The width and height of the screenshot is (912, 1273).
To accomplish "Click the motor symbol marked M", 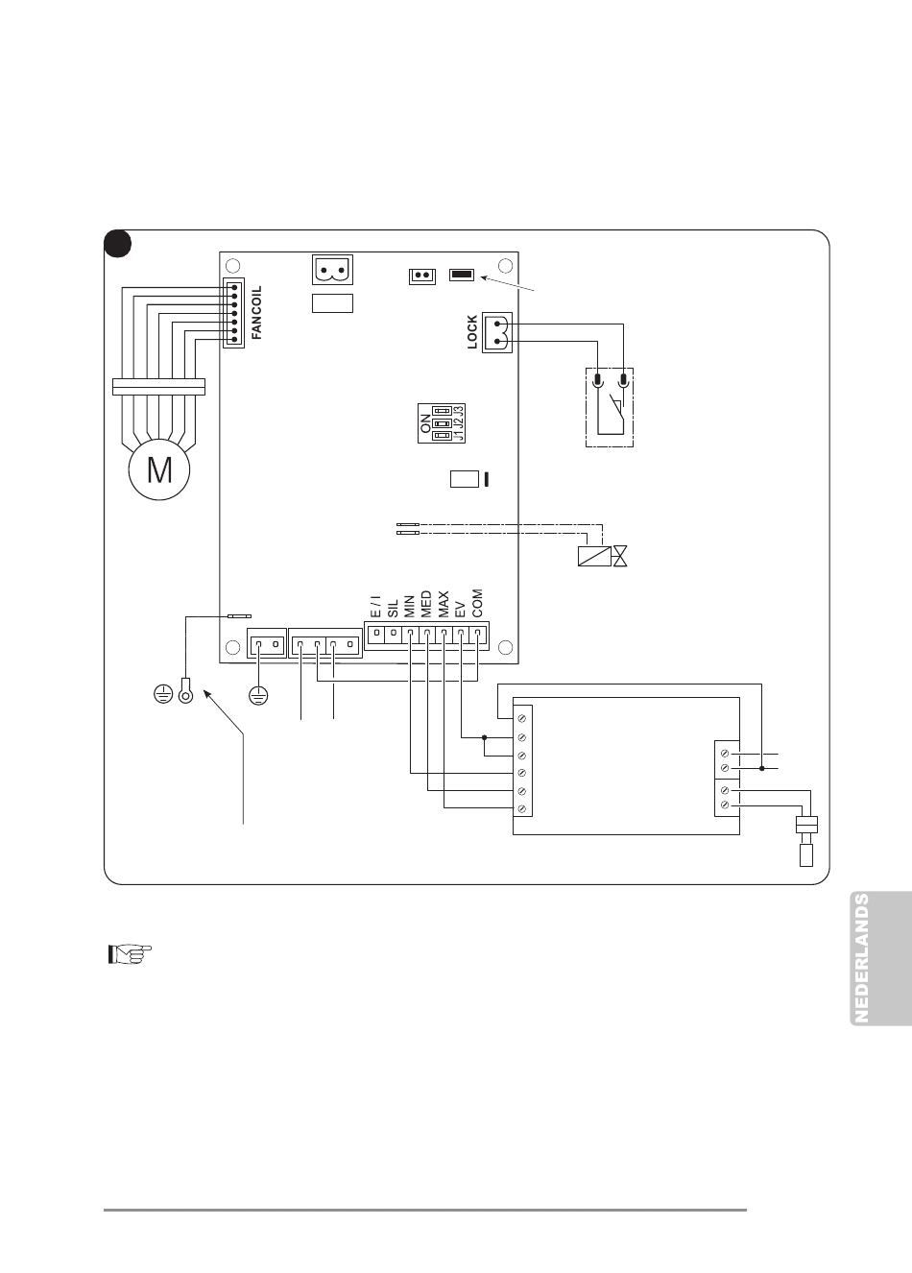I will tap(158, 469).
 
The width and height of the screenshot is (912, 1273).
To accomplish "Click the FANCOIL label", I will tap(256, 313).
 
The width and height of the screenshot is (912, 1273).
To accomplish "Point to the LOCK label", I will tap(472, 332).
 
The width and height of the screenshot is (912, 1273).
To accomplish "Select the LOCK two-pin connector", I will tap(497, 332).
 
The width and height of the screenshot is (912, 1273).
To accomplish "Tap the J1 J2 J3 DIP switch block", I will tap(442, 422).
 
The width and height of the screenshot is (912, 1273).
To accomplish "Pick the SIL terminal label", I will tap(393, 608).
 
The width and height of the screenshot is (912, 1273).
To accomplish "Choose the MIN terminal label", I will tap(410, 606).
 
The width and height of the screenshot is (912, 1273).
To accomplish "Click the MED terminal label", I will tap(426, 604).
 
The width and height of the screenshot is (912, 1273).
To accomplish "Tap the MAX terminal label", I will tap(444, 604).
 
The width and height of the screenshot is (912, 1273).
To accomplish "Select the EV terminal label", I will tap(460, 609).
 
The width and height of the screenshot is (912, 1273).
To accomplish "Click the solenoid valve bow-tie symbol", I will tap(621, 555).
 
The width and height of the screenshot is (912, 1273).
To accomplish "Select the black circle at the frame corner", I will tap(117, 244).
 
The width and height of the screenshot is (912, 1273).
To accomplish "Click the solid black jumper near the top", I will tap(462, 276).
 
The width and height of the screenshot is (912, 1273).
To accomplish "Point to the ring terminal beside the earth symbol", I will tap(185, 691).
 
